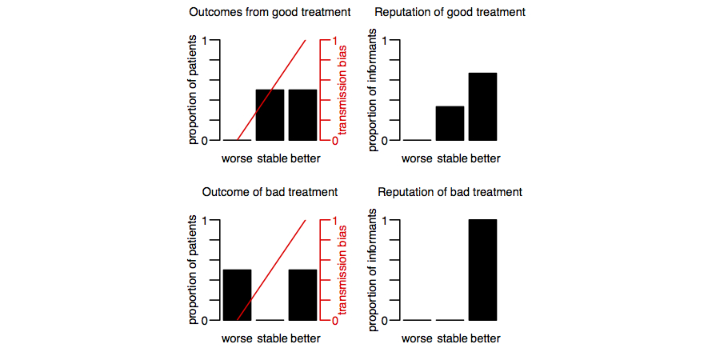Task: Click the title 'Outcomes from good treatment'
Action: (x=270, y=13)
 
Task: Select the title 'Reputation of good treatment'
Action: (x=450, y=13)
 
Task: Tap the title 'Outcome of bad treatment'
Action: (x=270, y=192)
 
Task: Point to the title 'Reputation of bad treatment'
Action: (x=450, y=192)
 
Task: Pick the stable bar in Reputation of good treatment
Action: (x=450, y=123)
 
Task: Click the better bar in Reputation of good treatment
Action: (x=482, y=106)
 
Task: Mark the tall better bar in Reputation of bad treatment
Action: (x=482, y=270)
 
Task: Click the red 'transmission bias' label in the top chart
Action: (x=342, y=90)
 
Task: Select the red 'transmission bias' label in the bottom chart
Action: (x=342, y=270)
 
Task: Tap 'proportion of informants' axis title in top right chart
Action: (x=372, y=90)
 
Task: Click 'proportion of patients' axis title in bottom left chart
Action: (x=193, y=270)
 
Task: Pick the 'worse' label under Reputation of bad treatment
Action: (x=417, y=338)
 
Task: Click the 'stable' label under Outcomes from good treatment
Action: (x=271, y=158)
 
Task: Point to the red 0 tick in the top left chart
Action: (x=334, y=141)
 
